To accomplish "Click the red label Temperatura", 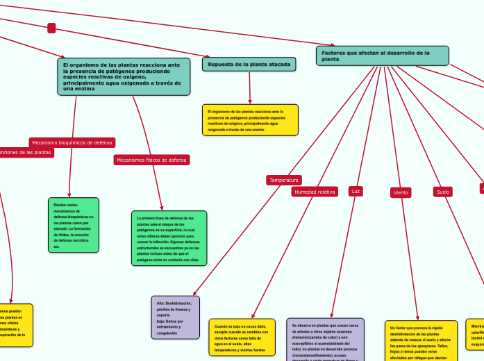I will coord(283,180).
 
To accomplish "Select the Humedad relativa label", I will coord(315,192).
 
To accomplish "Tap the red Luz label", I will coord(356,191).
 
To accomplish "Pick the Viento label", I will coord(401,192).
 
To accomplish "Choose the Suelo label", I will coord(443,192).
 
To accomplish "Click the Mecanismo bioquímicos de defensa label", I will coord(72,142).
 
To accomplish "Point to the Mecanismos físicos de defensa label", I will coord(151,160).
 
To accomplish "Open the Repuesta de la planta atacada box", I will coord(249,64).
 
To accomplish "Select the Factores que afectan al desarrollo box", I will coord(382,56).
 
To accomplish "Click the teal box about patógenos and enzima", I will coord(124,76).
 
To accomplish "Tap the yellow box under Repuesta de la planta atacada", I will coord(251,119).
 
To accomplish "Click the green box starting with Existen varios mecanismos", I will coord(73,224).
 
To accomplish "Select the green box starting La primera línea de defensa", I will coord(169,238).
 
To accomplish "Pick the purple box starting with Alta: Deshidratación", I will coord(175,317).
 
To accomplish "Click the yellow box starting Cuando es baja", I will coord(242,338).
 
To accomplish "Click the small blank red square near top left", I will coord(51,28).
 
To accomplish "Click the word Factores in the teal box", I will coord(335,53).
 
